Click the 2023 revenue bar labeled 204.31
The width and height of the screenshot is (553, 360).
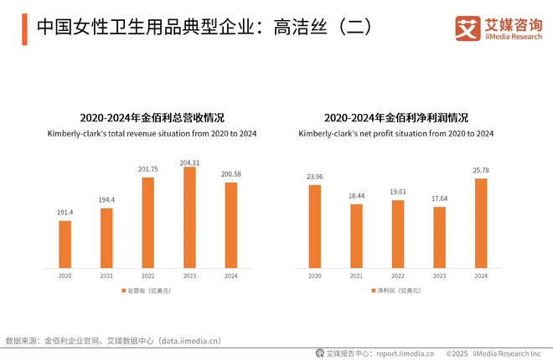tap(189, 217)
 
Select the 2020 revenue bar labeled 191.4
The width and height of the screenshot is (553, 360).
tap(65, 244)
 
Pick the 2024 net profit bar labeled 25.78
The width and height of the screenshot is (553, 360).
tap(481, 223)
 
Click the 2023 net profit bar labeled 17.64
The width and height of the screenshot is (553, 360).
tap(439, 237)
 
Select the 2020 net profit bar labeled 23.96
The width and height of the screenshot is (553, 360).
tap(314, 226)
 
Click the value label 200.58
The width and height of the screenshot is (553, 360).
tap(230, 174)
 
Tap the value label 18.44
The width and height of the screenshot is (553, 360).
tap(356, 197)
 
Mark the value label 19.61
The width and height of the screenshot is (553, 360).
tap(397, 193)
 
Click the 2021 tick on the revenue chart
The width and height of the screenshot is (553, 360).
tap(106, 275)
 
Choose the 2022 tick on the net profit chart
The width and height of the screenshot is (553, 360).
tap(397, 275)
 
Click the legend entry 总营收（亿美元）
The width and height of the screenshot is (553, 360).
tap(150, 290)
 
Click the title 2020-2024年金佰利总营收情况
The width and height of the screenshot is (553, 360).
tap(147, 118)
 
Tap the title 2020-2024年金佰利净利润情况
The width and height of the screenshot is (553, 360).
tap(396, 118)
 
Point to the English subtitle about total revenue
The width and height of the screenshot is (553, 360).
tap(147, 134)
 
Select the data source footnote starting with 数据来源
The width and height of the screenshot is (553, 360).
tap(113, 341)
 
